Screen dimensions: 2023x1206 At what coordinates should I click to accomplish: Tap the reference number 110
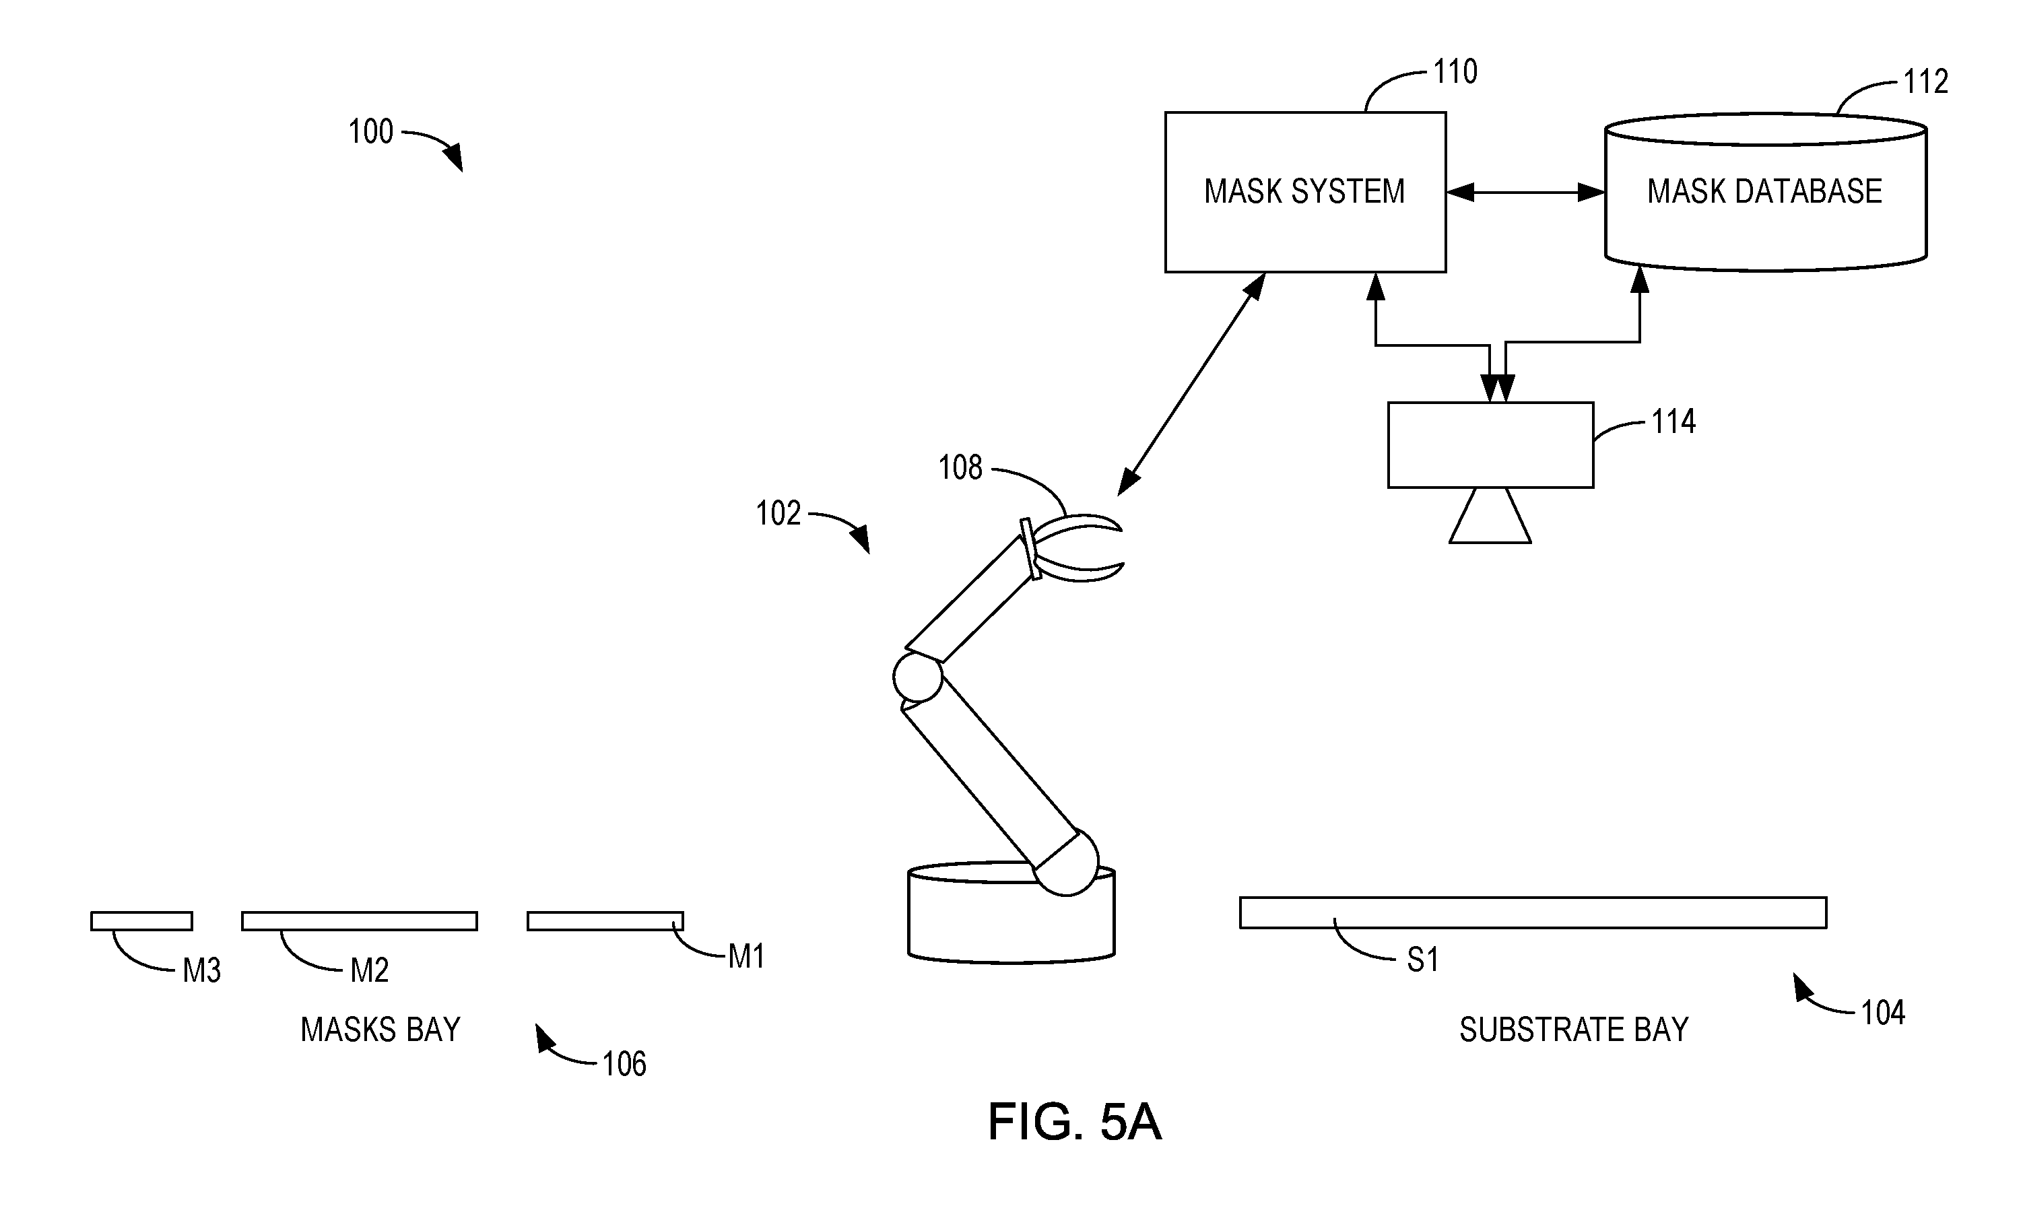1455,71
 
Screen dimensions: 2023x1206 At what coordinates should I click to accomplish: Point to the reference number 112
1925,81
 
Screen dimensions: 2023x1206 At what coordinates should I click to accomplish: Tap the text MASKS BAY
380,1030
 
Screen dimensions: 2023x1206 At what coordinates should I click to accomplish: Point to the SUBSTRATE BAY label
1574,1030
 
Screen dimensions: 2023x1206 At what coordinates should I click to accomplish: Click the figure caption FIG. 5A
1075,1123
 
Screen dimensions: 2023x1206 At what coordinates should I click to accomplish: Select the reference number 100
370,132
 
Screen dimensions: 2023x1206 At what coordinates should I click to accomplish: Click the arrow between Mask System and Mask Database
1525,193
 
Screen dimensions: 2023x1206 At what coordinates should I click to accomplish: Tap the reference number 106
624,1064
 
